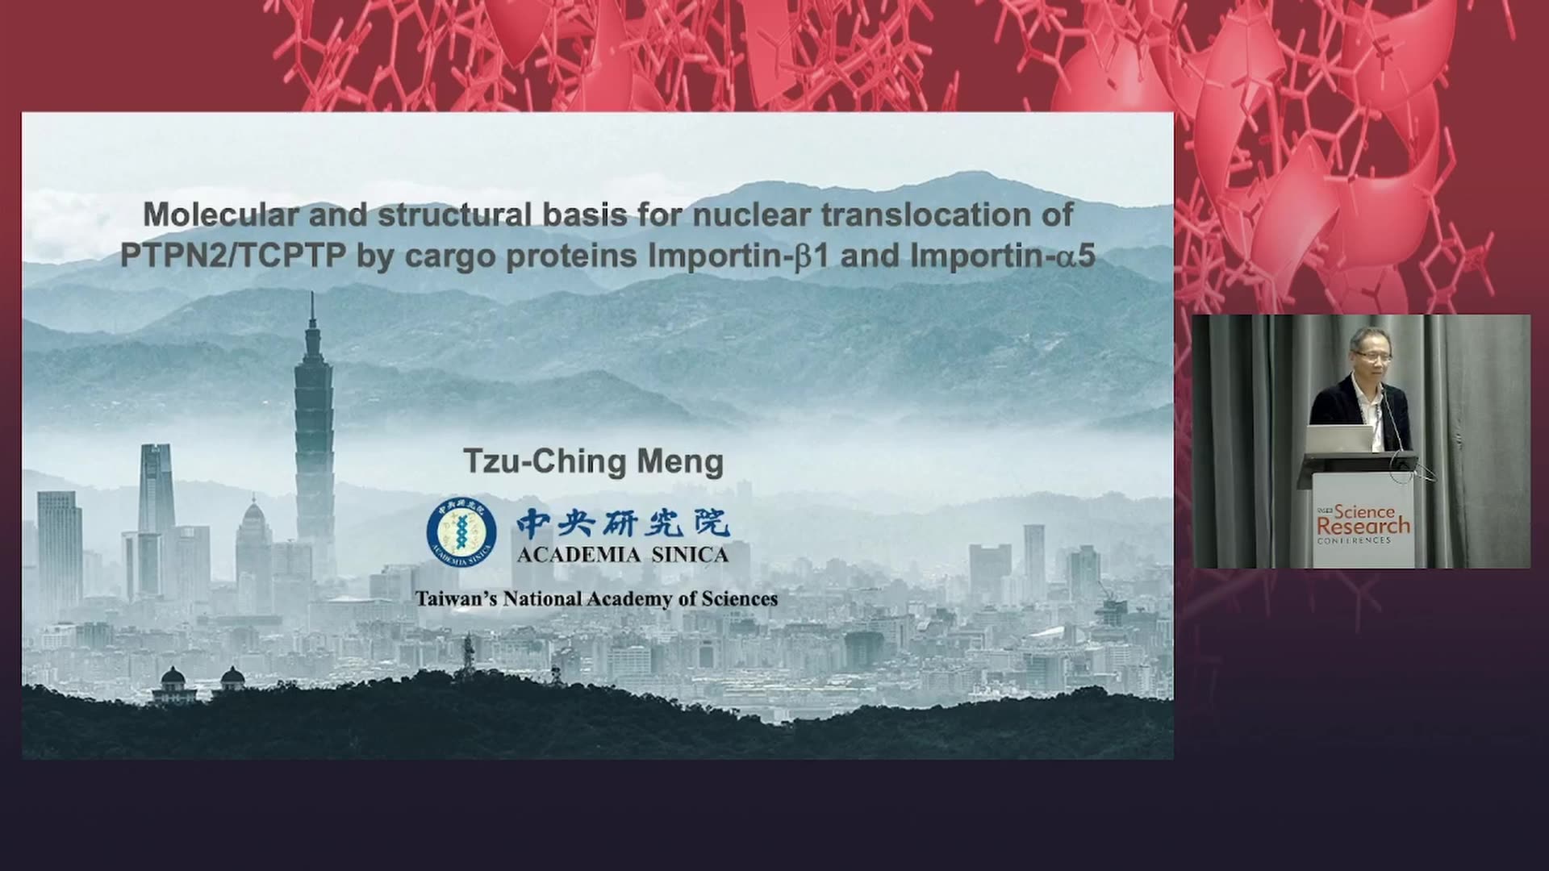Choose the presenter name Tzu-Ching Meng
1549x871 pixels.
tap(593, 462)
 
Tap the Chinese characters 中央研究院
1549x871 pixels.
tap(623, 523)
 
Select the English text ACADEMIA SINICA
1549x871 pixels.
tap(623, 555)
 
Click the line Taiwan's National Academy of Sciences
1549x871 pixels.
tap(596, 598)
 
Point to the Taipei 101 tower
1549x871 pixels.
tap(313, 435)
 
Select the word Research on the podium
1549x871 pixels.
tap(1363, 526)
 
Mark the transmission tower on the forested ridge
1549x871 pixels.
tap(467, 657)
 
